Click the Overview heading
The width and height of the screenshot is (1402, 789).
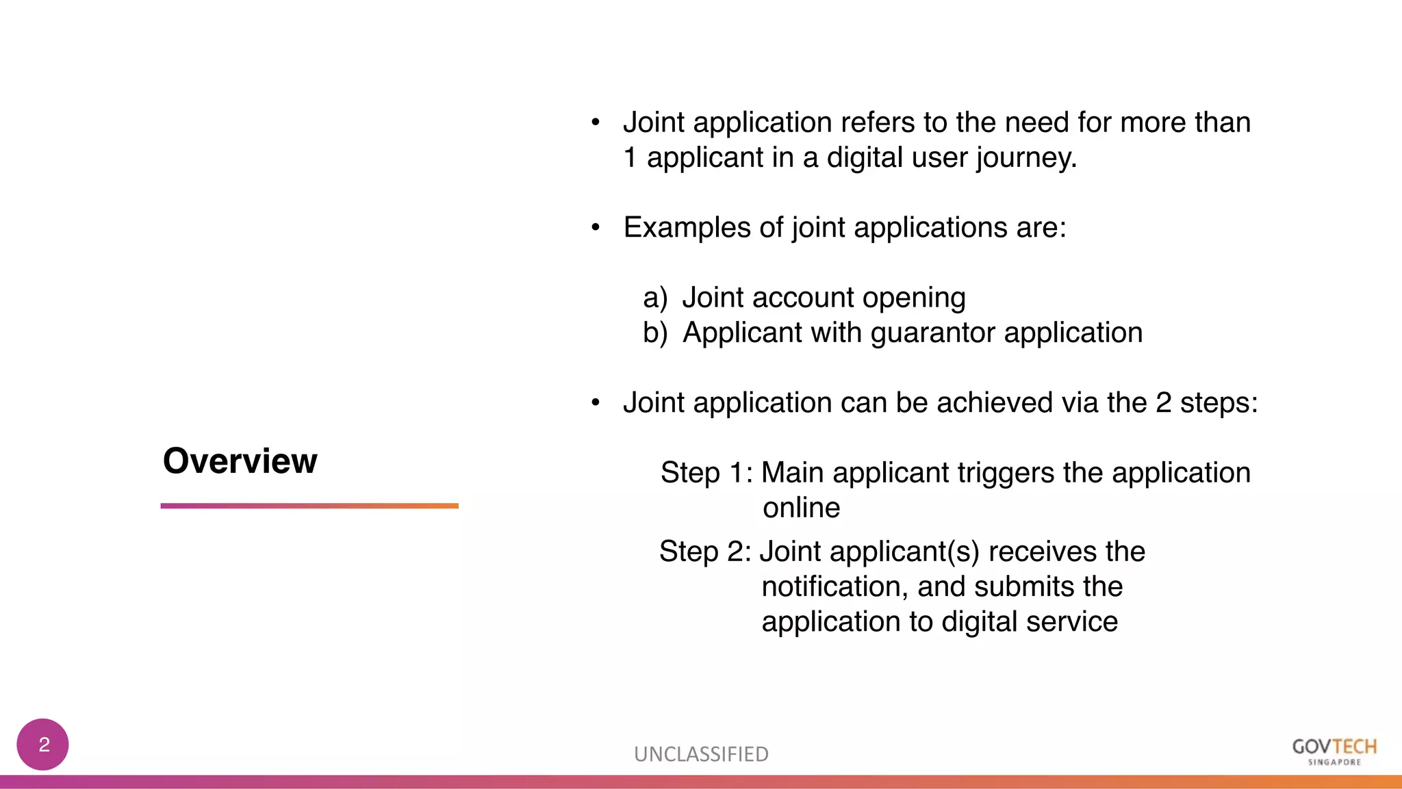point(240,461)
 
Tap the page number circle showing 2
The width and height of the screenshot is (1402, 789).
point(43,745)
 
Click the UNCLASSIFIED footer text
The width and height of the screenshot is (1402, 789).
point(701,754)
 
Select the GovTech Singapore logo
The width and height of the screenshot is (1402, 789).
point(1334,751)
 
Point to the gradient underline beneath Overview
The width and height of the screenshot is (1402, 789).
point(309,506)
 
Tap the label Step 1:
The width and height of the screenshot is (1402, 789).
point(706,473)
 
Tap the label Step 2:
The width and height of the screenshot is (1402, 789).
point(705,552)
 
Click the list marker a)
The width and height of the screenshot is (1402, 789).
point(655,298)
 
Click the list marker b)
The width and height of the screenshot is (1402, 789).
point(655,333)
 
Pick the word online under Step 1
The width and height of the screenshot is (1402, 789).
point(801,508)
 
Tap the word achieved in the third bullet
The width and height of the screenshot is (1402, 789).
point(995,402)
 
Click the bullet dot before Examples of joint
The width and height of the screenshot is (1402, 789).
point(596,228)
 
